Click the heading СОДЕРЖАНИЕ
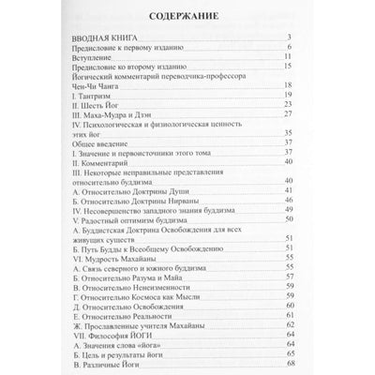pyautogui.click(x=187, y=15)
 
